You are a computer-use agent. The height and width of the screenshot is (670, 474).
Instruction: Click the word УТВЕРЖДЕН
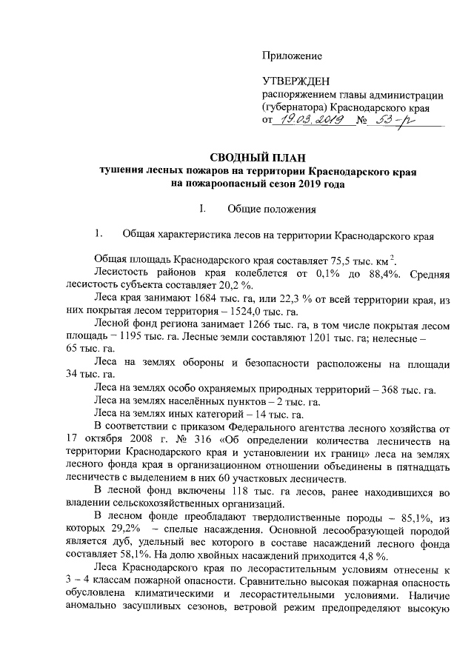(297, 81)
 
